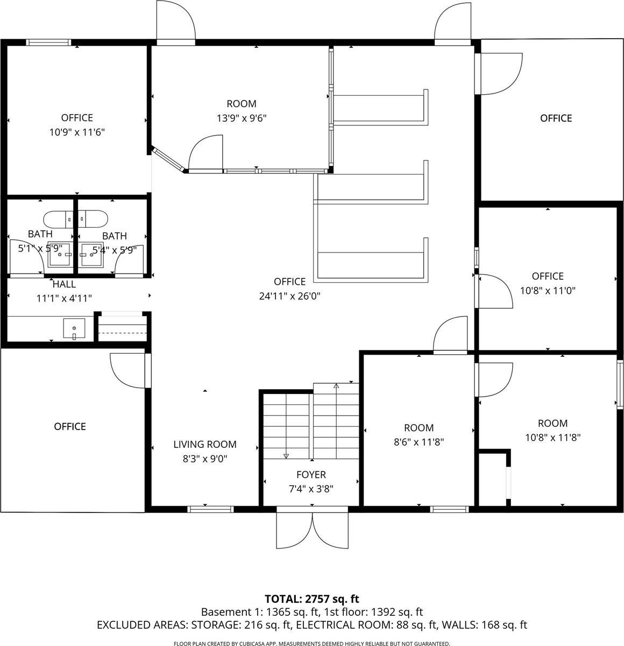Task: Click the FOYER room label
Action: pos(311,475)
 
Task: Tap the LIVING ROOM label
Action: pos(205,444)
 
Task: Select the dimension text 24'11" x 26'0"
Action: pos(290,296)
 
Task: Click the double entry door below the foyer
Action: pos(312,530)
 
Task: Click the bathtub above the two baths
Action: pos(75,219)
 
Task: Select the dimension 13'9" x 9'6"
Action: pos(242,118)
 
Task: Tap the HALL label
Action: pos(64,284)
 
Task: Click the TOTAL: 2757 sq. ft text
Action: pos(312,599)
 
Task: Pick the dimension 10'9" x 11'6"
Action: pos(77,132)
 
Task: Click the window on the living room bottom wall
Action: pos(211,508)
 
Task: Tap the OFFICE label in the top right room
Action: pos(556,118)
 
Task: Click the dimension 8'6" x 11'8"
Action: pos(419,442)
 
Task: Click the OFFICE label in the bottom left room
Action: pos(70,426)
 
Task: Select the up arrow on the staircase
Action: pos(336,386)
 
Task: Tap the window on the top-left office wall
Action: pos(49,42)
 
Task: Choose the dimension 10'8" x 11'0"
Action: pos(548,291)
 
